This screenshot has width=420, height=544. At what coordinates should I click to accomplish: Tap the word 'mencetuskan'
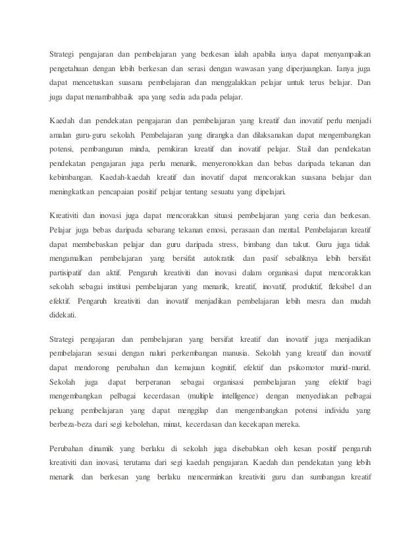(x=93, y=83)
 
